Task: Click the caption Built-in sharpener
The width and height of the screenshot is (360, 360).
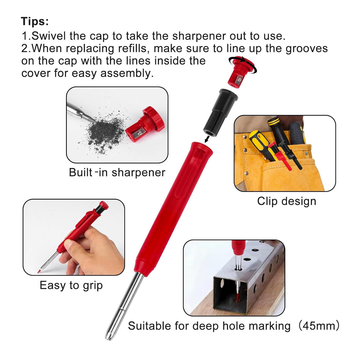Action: tap(117, 172)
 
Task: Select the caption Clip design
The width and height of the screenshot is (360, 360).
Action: tap(286, 201)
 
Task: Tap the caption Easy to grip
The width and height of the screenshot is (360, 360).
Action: tap(71, 285)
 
